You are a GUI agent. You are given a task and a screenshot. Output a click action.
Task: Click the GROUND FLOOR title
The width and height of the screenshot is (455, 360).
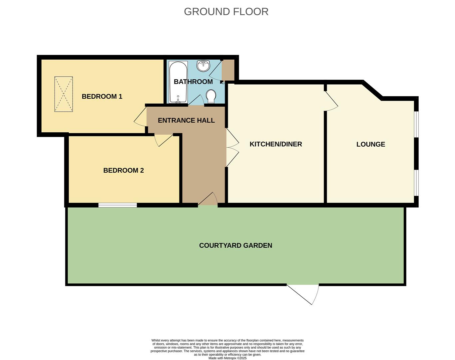point(226,12)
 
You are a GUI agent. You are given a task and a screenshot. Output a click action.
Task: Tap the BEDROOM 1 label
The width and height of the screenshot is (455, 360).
point(102,97)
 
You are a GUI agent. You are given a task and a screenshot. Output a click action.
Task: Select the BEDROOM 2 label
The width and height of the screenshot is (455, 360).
point(124,170)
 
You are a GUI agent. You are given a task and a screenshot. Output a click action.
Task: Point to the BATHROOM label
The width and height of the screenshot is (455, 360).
point(193,82)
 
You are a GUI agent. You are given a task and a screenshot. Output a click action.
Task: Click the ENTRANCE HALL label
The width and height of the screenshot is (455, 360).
point(186,120)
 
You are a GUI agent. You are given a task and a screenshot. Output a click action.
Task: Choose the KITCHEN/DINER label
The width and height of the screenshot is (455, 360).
point(276,144)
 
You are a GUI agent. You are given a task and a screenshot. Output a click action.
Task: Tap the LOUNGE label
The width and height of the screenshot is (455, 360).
point(371,144)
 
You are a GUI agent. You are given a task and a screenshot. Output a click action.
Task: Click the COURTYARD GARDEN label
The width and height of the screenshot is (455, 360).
point(235,246)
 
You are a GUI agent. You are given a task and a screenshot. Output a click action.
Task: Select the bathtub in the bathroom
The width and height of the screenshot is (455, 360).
point(178,82)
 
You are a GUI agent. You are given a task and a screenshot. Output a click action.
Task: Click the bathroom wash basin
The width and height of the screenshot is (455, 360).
point(204,66)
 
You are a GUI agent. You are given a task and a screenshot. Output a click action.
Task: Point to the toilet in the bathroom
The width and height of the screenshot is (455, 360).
point(211,97)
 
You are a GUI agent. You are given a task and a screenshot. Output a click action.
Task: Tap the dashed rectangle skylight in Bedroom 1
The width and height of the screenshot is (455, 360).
point(64,94)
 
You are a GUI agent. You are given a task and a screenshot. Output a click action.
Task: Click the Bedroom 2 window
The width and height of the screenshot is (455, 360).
point(118,205)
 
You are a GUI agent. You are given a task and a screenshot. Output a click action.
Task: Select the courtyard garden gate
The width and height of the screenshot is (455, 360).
point(303,294)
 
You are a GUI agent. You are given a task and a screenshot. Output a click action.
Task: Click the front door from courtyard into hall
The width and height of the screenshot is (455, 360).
point(208,199)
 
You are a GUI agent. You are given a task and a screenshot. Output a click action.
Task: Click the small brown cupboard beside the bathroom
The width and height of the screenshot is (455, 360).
point(228,70)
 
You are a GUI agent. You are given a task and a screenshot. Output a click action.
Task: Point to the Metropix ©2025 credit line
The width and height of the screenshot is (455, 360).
point(227,358)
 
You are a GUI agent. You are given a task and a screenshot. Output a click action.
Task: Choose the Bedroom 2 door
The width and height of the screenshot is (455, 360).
point(164,140)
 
